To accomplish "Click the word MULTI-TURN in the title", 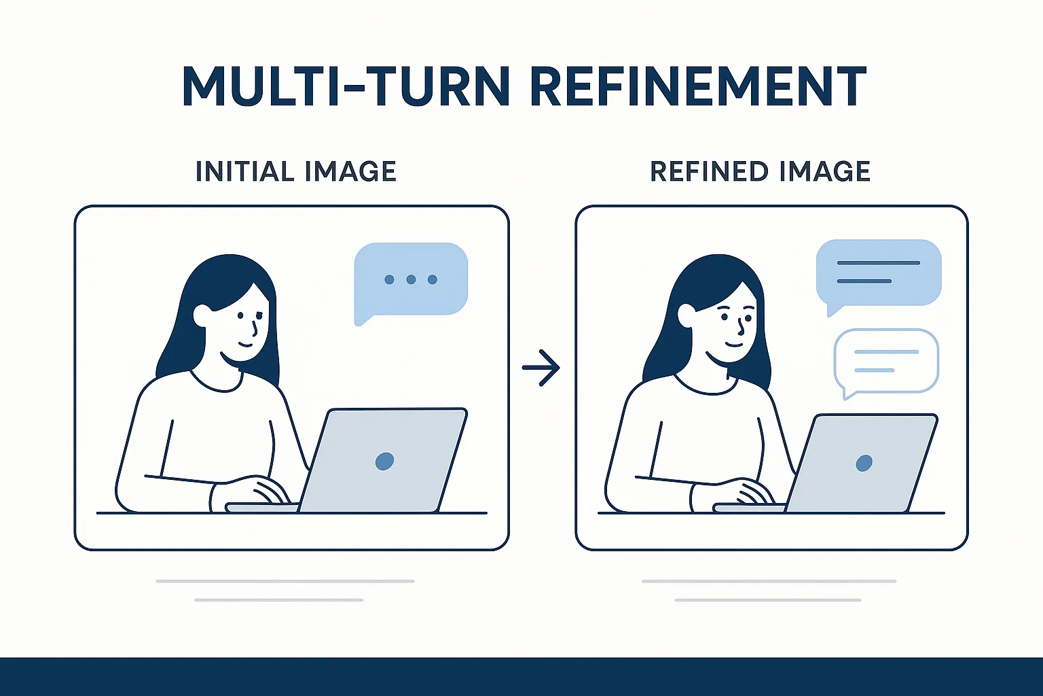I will (345, 86).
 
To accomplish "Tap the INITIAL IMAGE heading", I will (295, 171).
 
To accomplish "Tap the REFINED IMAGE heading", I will (760, 171).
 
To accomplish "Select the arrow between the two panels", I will (541, 368).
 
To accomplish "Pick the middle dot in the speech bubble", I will (411, 279).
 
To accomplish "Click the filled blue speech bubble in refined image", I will (879, 273).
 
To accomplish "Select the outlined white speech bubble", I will (886, 361).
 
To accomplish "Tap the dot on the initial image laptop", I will (384, 461).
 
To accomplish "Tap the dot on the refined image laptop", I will (864, 463).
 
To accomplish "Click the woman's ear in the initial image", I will (202, 315).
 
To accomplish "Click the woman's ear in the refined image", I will (687, 315).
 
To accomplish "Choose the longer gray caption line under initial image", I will (285, 581).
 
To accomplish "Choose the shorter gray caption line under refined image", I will (768, 600).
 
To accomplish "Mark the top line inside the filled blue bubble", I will (879, 262).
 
